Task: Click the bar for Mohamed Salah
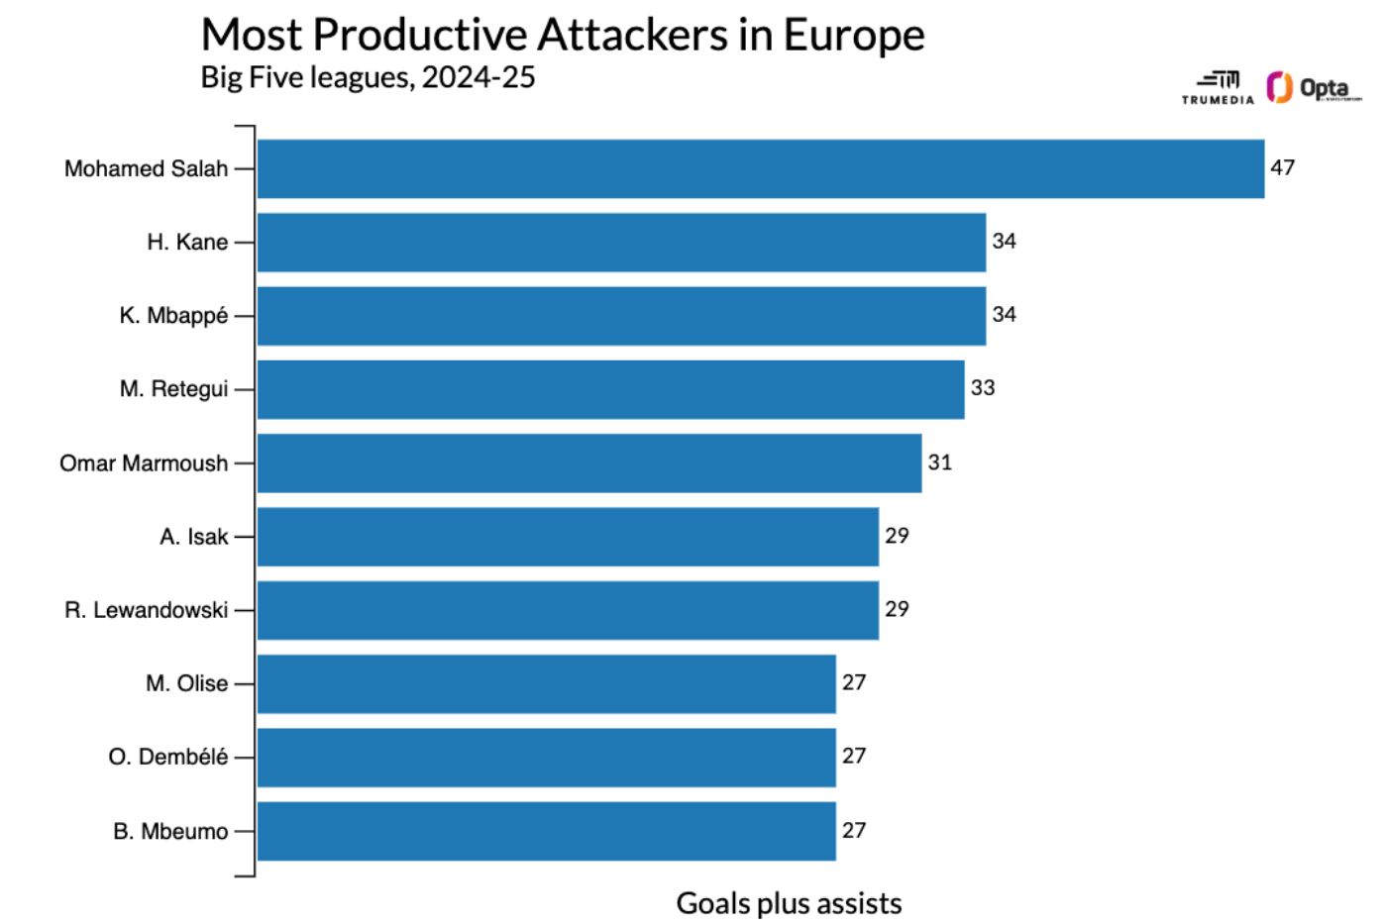click(x=760, y=168)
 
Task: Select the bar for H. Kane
click(x=621, y=242)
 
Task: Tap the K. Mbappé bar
click(x=621, y=316)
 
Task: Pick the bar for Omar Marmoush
click(x=589, y=462)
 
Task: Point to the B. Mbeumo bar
click(x=546, y=831)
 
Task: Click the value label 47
click(x=1282, y=167)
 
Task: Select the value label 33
click(x=982, y=388)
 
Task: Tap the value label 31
click(x=939, y=462)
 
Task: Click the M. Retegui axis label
click(x=173, y=389)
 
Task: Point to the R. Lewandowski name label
click(x=146, y=610)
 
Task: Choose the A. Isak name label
click(x=193, y=537)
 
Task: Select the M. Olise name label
click(x=186, y=683)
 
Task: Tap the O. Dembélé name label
click(x=167, y=758)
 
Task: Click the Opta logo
click(x=1314, y=88)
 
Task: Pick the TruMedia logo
click(x=1218, y=88)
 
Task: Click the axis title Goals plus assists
click(x=789, y=903)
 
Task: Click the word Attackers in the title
click(x=633, y=36)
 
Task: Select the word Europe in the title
click(x=854, y=36)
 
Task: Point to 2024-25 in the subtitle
click(x=479, y=77)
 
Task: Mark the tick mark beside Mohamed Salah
click(x=245, y=168)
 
